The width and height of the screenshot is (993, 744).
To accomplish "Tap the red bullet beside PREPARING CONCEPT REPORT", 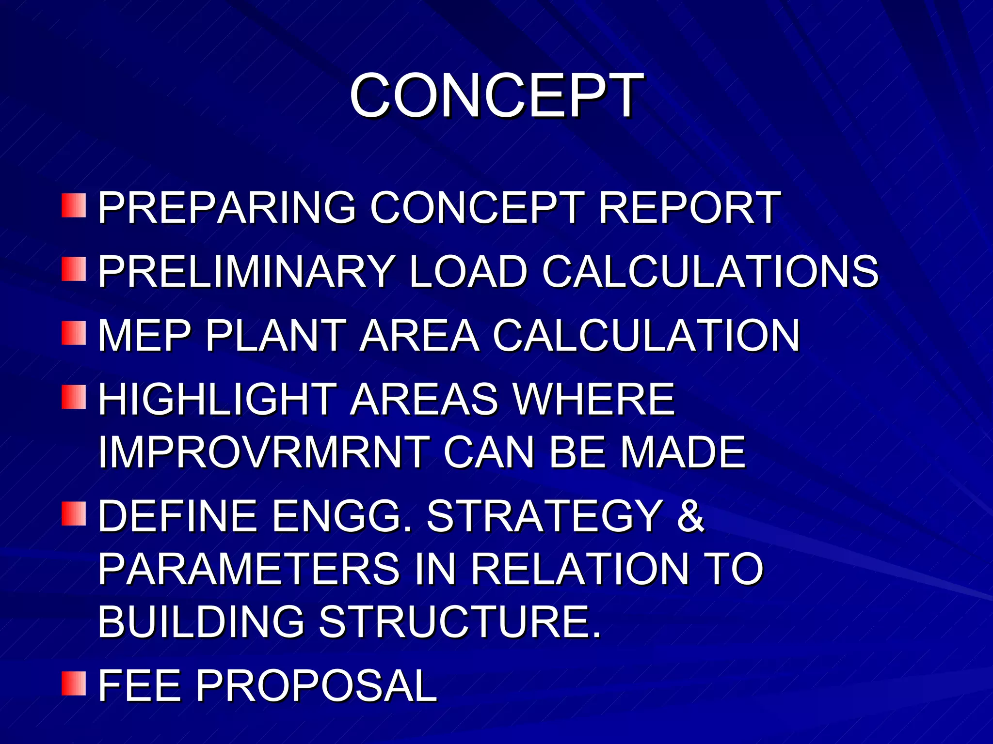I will (74, 205).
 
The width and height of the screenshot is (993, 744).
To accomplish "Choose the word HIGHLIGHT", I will (217, 399).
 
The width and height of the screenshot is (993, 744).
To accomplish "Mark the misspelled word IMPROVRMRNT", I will (264, 452).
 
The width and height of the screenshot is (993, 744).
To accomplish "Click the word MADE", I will (683, 452).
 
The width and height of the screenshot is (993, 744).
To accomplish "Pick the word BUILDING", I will (201, 622).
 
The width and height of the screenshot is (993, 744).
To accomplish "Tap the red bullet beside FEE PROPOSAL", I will (74, 683).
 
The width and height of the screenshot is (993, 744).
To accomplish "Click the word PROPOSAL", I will (316, 686).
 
